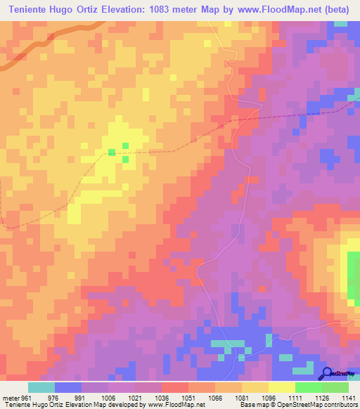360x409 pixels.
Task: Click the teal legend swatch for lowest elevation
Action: coord(41,387)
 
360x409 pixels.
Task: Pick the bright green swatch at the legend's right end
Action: coord(335,387)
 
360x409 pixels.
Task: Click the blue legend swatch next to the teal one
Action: coord(68,387)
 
